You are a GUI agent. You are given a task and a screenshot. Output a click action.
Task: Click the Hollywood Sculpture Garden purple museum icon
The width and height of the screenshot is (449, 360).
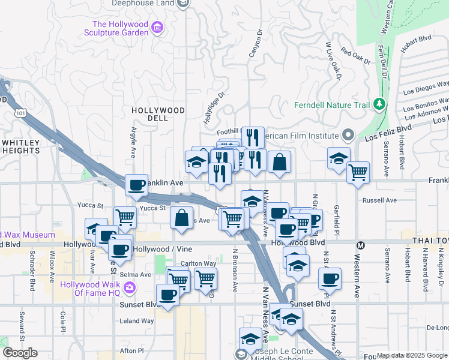[158, 27]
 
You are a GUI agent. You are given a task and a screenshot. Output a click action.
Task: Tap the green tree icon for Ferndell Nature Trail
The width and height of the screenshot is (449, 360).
[379, 105]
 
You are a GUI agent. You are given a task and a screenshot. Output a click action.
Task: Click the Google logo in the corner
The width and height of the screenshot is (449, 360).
[20, 353]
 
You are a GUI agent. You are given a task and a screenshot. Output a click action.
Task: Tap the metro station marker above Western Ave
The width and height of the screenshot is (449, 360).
[361, 245]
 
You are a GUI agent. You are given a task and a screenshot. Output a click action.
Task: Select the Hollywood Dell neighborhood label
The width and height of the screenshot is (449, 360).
[158, 114]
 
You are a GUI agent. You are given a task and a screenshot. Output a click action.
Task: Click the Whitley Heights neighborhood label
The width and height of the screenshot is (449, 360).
[20, 146]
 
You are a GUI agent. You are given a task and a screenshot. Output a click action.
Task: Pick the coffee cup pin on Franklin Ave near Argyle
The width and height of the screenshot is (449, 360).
[136, 184]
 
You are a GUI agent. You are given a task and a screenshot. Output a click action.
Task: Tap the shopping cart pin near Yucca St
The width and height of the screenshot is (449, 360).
[125, 217]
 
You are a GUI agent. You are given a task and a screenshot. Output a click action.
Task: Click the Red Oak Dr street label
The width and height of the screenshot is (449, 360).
[356, 57]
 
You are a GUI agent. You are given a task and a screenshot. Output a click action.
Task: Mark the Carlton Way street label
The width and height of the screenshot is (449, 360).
[199, 263]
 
